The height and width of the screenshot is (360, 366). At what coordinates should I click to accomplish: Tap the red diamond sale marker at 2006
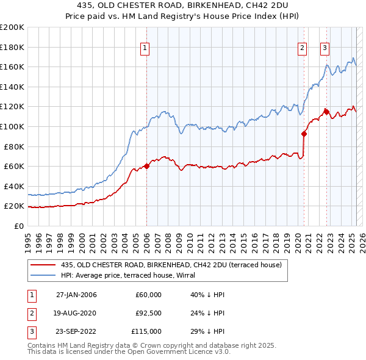click(146, 166)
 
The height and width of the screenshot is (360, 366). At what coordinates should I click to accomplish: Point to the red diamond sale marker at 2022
click(326, 112)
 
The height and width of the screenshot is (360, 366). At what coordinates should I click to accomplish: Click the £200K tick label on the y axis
click(12, 27)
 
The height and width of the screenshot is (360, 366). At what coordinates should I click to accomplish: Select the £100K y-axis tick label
click(12, 126)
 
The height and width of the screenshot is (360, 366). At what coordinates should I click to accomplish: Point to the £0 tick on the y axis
click(19, 226)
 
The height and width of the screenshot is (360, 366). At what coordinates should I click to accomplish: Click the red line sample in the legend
click(42, 265)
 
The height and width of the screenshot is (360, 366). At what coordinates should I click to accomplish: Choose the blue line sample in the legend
click(42, 275)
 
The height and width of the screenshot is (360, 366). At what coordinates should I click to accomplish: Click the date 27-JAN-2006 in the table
click(76, 295)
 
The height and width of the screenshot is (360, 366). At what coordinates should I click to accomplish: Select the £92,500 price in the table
click(148, 313)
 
